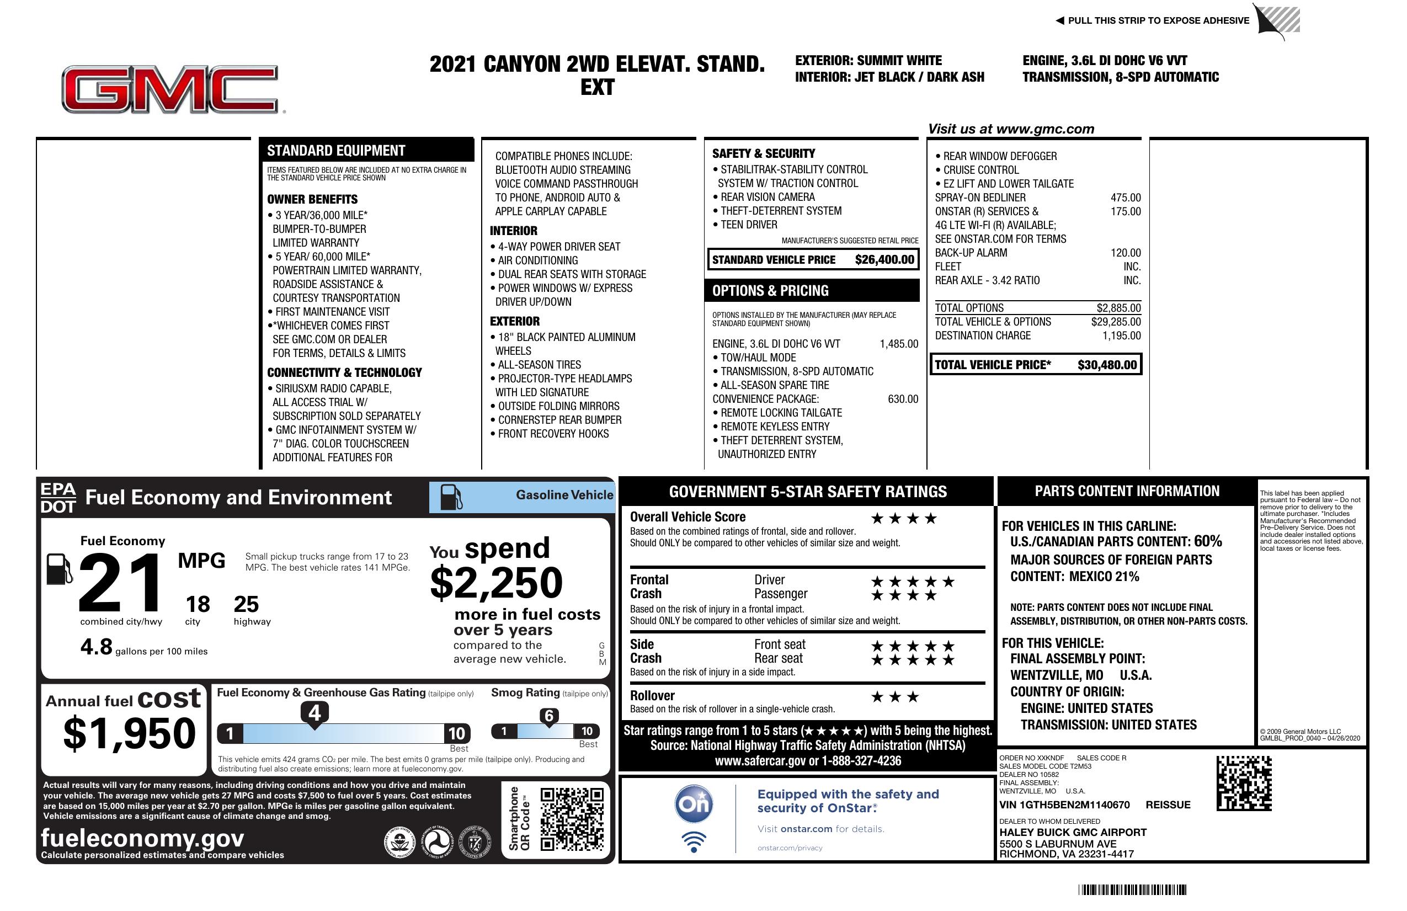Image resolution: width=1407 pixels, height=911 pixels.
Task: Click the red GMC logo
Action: coord(170,89)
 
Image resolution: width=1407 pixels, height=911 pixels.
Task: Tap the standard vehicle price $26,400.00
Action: coord(884,259)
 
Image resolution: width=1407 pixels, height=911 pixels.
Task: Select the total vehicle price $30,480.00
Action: coord(1107,365)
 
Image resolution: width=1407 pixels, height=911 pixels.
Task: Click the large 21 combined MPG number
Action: coord(120,583)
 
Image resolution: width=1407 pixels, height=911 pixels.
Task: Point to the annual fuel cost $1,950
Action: coord(129,733)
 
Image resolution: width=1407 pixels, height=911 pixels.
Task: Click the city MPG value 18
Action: coord(198,604)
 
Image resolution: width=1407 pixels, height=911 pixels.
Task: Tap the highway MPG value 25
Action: coord(246,604)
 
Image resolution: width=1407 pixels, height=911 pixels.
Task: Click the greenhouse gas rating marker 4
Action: coord(315,713)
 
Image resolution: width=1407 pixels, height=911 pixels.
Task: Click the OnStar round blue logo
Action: coord(694,804)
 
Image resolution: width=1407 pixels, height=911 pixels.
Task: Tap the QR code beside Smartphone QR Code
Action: coord(572,819)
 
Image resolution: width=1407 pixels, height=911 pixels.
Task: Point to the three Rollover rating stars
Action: coord(895,697)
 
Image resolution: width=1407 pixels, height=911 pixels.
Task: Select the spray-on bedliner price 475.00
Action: coord(1126,198)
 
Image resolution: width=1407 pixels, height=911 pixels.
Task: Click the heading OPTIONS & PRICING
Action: coord(770,291)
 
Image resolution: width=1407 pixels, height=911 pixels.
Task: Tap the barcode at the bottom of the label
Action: coord(1132,889)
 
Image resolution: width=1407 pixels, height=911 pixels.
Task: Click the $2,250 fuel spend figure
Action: coord(496,583)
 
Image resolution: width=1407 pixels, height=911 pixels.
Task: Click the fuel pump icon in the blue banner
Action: coord(450,497)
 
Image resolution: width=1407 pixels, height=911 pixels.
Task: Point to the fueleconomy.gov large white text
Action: coord(142,838)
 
